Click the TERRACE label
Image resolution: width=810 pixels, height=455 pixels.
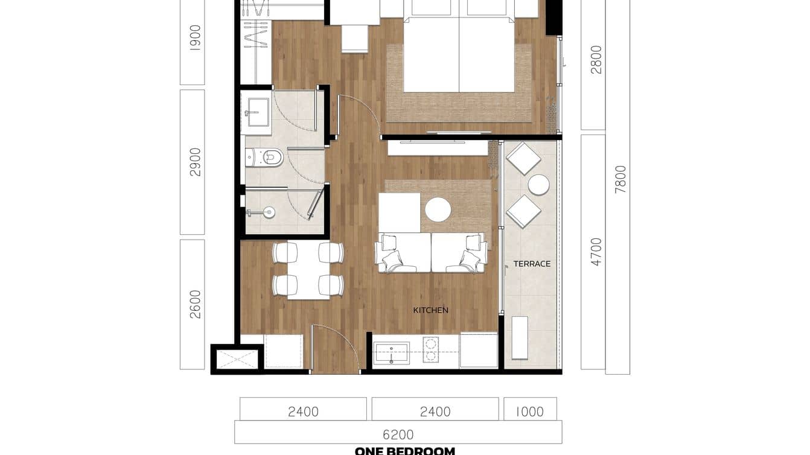click(x=532, y=264)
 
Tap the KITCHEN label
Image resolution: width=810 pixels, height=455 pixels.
click(x=430, y=310)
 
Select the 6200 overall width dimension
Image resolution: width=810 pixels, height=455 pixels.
click(x=398, y=434)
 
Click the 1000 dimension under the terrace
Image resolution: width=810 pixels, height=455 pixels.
click(x=530, y=412)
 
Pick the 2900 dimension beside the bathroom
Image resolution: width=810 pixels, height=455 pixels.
click(x=195, y=162)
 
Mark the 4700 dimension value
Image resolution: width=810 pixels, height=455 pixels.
click(x=596, y=252)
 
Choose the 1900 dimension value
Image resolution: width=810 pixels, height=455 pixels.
click(x=195, y=37)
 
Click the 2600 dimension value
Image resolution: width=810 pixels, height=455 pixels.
click(x=195, y=304)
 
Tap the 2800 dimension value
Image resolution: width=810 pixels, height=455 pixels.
click(x=596, y=59)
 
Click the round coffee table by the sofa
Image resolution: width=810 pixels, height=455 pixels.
click(x=438, y=210)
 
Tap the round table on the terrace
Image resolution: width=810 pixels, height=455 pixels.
click(x=538, y=185)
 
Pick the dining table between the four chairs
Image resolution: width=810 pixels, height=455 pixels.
click(x=308, y=269)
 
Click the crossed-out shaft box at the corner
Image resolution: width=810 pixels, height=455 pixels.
click(x=237, y=359)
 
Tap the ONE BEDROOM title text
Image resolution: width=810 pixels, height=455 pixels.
click(x=404, y=451)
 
